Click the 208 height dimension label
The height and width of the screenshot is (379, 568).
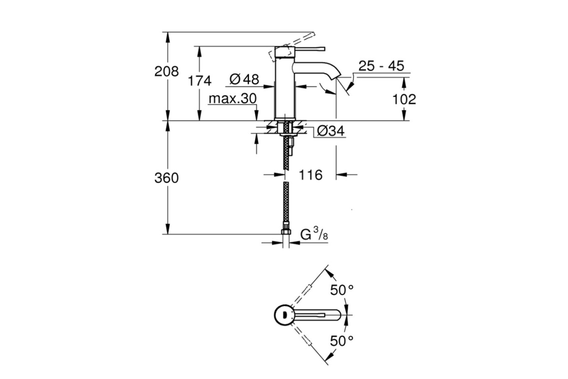[x=167, y=72]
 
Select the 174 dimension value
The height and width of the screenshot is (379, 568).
[x=200, y=81]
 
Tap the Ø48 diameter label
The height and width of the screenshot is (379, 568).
[x=244, y=79]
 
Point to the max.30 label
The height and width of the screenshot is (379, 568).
[x=232, y=99]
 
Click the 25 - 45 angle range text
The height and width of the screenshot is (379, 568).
[x=381, y=66]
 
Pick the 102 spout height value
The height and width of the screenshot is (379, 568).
[x=404, y=99]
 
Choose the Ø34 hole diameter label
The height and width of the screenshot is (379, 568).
[x=331, y=131]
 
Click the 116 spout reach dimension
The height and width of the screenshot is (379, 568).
[x=311, y=175]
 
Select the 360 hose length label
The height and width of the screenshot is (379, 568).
[x=167, y=178]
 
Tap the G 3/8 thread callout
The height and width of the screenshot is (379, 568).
[x=314, y=234]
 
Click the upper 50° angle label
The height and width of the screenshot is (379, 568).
[x=342, y=290]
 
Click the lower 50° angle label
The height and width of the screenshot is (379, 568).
[x=342, y=341]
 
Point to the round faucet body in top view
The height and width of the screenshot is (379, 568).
[x=284, y=315]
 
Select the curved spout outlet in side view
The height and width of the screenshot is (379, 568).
[x=317, y=70]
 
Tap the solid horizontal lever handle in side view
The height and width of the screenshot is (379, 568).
[x=310, y=49]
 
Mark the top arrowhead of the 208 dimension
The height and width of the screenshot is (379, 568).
[x=168, y=37]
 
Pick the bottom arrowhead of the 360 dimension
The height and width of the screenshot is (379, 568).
[x=168, y=229]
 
